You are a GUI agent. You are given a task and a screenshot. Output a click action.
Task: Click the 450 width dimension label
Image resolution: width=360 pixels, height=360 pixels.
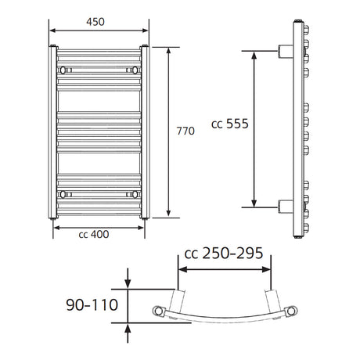click(95, 22)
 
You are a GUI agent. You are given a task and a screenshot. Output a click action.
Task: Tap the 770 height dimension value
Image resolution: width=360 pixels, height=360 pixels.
click(185, 131)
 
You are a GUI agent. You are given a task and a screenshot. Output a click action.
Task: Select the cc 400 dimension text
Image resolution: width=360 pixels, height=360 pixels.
click(94, 234)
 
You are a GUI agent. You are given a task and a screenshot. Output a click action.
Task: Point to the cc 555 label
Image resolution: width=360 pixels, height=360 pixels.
click(230, 124)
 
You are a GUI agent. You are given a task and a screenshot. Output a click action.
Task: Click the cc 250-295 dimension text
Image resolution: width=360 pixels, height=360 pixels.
click(224, 253)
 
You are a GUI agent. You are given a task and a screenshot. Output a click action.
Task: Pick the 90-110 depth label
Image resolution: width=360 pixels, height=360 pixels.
click(92, 304)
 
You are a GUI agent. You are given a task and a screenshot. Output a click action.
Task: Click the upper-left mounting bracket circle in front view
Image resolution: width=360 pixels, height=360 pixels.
click(63, 70)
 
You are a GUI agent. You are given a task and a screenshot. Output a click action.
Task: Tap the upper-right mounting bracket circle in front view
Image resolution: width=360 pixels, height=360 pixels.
click(135, 70)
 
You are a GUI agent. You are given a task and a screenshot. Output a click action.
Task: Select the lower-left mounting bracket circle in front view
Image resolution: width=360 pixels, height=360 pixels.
click(63, 194)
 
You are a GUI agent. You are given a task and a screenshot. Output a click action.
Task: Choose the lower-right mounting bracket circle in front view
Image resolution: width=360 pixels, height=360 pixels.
click(135, 194)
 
